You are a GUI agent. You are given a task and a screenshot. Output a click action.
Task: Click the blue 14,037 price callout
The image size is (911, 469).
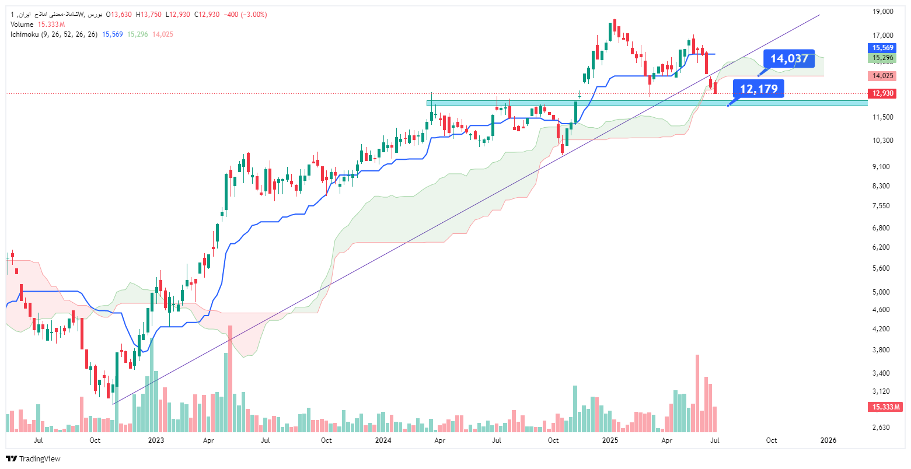tap(789, 58)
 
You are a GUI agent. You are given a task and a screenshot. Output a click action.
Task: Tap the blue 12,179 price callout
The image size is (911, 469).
tap(759, 89)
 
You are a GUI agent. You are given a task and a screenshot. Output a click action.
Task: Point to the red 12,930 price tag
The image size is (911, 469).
tap(882, 93)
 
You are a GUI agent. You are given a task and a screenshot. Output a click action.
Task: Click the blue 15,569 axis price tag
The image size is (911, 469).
tap(882, 48)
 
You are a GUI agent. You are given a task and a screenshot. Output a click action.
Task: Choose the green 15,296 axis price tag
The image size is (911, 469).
tap(882, 58)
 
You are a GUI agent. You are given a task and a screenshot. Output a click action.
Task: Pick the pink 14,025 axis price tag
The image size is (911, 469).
tap(882, 76)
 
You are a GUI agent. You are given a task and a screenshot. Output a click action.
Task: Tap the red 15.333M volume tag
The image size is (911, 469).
tap(885, 407)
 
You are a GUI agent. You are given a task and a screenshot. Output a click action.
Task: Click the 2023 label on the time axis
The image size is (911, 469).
tap(156, 440)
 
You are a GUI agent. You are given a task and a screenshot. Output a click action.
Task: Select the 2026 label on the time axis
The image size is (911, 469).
tap(829, 440)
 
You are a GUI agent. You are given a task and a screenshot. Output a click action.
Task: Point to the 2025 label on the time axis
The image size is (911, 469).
tap(610, 440)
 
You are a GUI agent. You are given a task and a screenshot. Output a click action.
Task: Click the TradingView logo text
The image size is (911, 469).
tap(40, 459)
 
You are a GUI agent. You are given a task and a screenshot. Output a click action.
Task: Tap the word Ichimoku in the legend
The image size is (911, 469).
tap(25, 34)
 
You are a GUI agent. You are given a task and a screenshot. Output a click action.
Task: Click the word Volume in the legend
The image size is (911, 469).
tap(22, 24)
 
